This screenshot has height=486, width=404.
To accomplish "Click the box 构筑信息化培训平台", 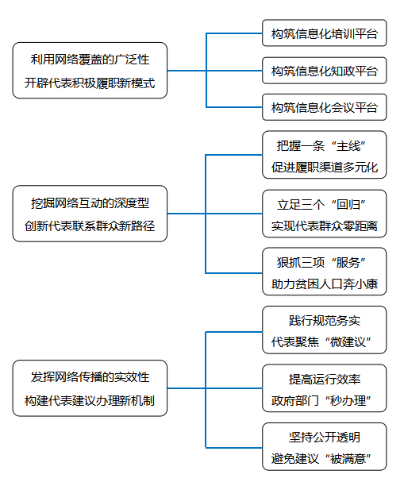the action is click(325, 33).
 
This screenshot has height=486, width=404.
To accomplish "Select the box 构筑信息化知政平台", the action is click(325, 71).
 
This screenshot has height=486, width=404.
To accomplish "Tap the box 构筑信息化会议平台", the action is click(325, 107).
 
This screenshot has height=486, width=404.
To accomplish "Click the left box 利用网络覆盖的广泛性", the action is click(90, 71).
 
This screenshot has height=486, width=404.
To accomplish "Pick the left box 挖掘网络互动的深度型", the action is click(90, 214).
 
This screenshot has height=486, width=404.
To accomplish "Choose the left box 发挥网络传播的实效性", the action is click(90, 388).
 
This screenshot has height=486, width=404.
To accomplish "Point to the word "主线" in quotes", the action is click(348, 145).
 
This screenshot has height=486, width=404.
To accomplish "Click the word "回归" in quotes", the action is click(348, 205).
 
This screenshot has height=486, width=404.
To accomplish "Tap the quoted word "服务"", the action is click(348, 263).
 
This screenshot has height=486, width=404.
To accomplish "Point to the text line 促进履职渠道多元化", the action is click(325, 167).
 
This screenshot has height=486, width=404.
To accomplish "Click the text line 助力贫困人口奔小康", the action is click(325, 284).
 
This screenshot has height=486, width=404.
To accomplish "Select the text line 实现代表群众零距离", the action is click(325, 226).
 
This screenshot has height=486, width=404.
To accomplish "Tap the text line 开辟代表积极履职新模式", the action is click(90, 83).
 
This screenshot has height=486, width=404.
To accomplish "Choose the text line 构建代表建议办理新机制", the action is click(90, 400).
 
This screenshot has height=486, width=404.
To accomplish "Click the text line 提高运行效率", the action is click(325, 379).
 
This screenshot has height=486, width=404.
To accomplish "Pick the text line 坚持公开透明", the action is click(325, 437).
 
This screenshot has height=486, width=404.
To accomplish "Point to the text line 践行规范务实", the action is click(325, 321).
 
